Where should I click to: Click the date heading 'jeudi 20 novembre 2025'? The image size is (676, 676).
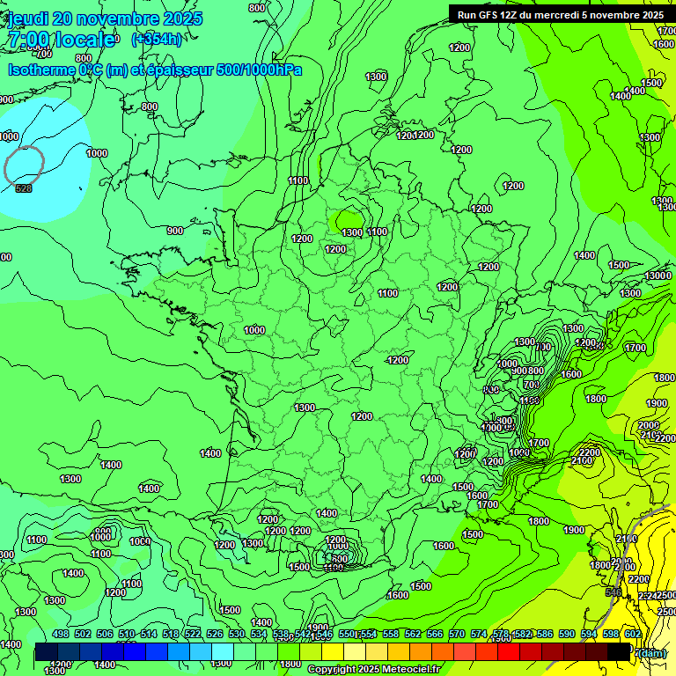click(x=105, y=18)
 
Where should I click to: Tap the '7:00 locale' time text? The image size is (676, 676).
click(x=62, y=40)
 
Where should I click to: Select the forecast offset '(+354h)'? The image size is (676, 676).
click(x=157, y=40)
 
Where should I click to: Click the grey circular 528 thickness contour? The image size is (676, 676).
click(x=24, y=165)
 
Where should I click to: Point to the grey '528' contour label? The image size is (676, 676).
click(x=24, y=188)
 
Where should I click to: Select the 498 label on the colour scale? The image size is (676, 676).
click(x=60, y=634)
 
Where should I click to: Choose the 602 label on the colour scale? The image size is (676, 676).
click(x=633, y=634)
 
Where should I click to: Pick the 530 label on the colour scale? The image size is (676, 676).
click(x=237, y=634)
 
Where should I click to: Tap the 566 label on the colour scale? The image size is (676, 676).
click(x=435, y=634)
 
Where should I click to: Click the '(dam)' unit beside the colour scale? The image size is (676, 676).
click(x=652, y=652)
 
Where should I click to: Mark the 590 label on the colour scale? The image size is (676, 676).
click(x=567, y=634)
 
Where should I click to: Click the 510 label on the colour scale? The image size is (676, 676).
click(x=126, y=634)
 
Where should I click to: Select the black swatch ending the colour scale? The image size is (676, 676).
click(x=620, y=652)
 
